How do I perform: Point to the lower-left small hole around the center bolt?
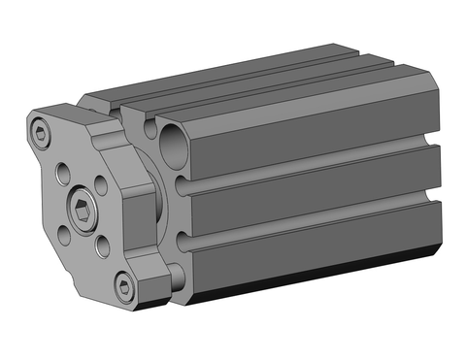pos(62,232)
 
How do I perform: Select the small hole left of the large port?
pos(148,126)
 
